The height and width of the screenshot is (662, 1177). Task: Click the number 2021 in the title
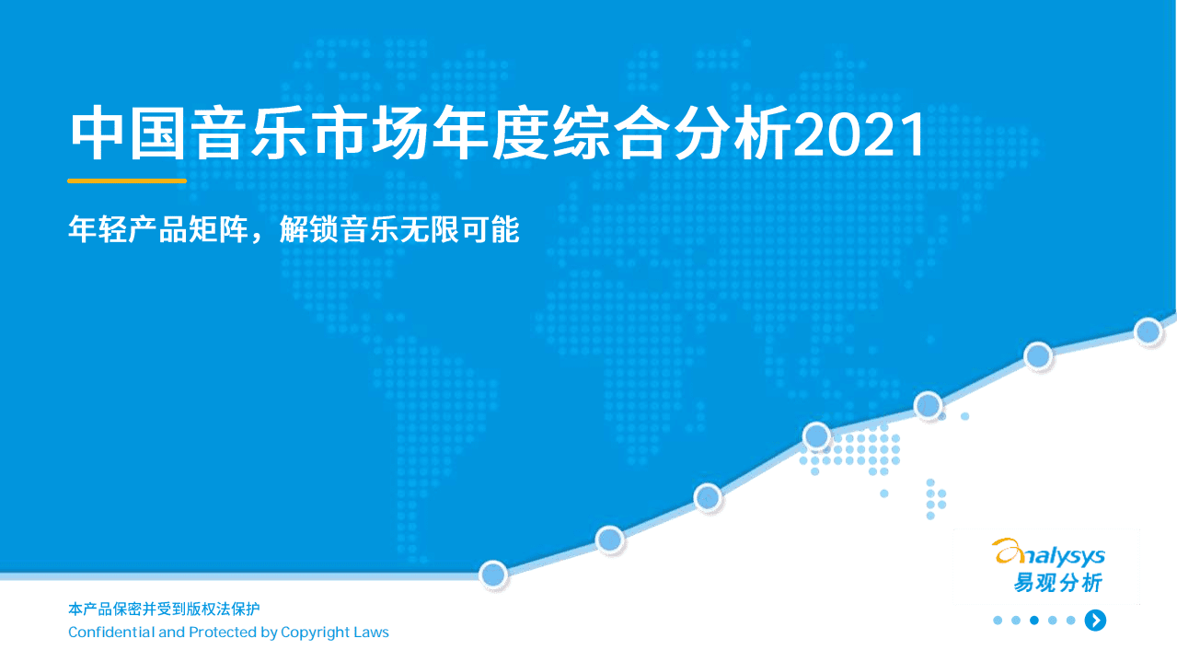(860, 135)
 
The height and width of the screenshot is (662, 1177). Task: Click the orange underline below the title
(127, 180)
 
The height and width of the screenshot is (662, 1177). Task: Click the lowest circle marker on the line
(493, 575)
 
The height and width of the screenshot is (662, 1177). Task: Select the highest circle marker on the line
(1148, 331)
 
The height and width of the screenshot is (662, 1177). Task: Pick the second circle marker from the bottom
(610, 540)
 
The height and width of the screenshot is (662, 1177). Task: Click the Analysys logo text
(1049, 554)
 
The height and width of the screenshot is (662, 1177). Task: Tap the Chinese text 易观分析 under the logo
(1057, 583)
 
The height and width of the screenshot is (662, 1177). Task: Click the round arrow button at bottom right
(1095, 621)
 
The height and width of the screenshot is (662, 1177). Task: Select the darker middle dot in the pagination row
(1034, 621)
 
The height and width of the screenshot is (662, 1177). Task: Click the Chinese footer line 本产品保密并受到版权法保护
(164, 609)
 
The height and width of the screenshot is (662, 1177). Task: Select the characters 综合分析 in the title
(670, 135)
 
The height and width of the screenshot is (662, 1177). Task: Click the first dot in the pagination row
(998, 621)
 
